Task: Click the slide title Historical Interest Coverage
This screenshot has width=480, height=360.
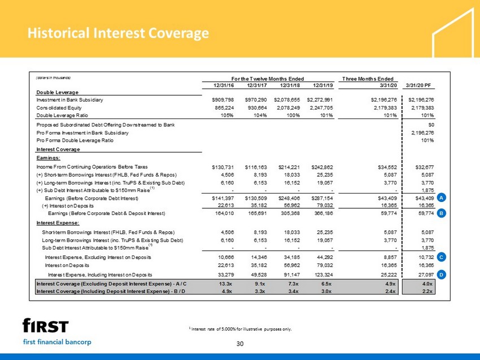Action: point(118,33)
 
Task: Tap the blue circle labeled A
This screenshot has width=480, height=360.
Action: point(441,197)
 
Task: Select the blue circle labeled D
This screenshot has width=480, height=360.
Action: point(441,274)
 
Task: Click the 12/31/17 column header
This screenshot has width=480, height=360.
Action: point(257,85)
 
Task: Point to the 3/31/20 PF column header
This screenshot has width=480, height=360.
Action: point(418,85)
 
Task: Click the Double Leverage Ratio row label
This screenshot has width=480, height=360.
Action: point(62,115)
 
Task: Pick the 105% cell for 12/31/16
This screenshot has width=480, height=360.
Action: point(227,115)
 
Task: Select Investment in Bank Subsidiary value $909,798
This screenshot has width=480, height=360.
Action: point(223,100)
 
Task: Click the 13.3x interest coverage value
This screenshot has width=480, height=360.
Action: point(225,284)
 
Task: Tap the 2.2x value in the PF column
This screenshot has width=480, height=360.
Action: point(427,291)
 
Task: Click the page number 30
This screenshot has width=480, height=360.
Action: point(240,344)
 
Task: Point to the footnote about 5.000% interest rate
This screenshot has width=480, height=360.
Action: point(241,329)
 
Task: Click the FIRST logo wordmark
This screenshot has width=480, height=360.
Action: point(46,326)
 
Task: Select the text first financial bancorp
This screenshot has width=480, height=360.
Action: point(57,341)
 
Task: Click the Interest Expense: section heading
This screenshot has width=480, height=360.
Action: point(58,223)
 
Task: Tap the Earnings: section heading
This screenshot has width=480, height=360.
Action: point(49,158)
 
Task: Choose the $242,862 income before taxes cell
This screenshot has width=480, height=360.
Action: point(322,167)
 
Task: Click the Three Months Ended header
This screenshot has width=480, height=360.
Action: point(368,78)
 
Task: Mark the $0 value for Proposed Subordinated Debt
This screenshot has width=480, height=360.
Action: point(431,125)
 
